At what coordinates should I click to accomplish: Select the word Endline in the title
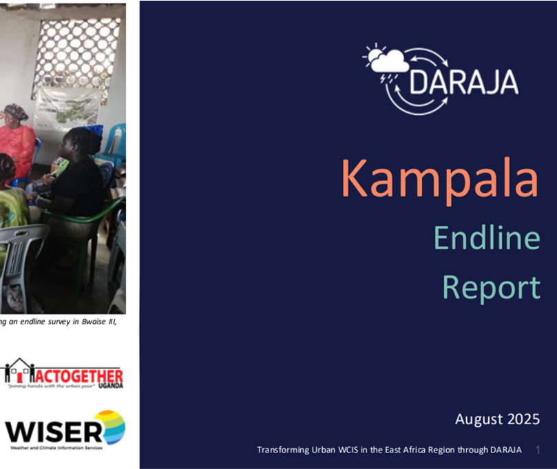click(487, 238)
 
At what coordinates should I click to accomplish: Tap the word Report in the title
click(491, 286)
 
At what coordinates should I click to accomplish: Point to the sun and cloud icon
click(387, 61)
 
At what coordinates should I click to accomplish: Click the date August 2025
click(496, 419)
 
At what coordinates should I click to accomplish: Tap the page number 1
click(537, 450)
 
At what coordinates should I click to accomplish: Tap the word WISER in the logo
click(54, 431)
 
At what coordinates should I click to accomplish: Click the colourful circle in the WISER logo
click(109, 427)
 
